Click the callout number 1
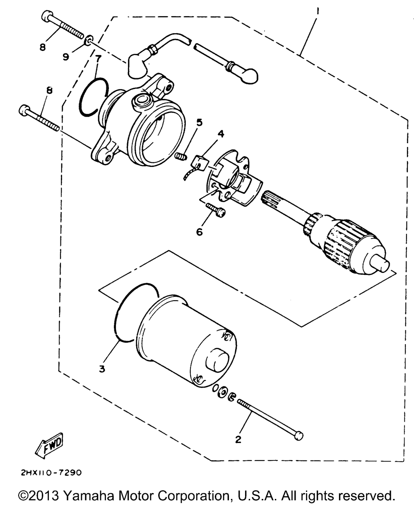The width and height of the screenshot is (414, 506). pos(318,11)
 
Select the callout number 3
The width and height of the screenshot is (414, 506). pos(102,369)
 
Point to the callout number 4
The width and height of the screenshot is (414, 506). pos(221,134)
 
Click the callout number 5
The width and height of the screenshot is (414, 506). pos(199,123)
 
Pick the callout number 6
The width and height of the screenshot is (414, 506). pos(199,232)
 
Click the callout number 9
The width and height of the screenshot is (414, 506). pos(66,57)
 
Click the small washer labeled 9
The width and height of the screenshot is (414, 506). pos(89,40)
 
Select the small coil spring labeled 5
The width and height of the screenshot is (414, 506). pos(181,157)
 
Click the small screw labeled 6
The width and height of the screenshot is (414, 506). pos(216,210)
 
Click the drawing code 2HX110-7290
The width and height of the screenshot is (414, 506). pos(51,472)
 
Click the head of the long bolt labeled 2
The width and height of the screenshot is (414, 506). pos(298,436)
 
